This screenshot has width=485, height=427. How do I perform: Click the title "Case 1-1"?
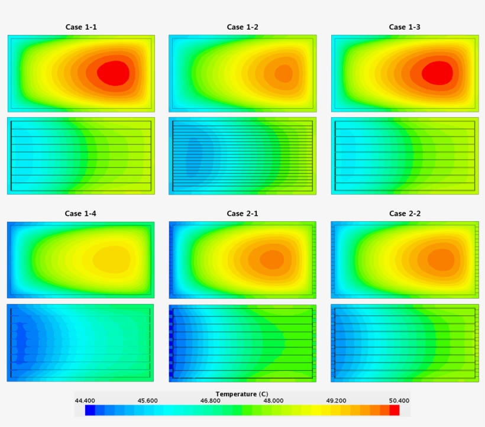[x=80, y=27]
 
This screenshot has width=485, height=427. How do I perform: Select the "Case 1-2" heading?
[x=242, y=27]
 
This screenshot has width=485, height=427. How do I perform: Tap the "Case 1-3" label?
[x=405, y=27]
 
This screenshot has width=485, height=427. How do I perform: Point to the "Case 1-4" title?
[x=80, y=213]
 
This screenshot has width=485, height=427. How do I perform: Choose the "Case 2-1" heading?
[x=242, y=213]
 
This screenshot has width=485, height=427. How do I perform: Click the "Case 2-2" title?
[x=405, y=213]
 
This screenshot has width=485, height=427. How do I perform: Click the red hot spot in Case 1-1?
[x=113, y=73]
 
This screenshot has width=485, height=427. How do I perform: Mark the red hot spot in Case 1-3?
[x=438, y=73]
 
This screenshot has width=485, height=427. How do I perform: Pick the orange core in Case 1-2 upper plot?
[x=283, y=73]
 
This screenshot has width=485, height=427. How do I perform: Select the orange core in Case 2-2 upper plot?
[x=439, y=259]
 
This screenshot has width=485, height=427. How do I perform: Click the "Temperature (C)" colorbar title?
[x=241, y=394]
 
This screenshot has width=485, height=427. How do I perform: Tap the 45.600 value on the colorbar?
[x=148, y=400]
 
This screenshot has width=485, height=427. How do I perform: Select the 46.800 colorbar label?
[x=210, y=400]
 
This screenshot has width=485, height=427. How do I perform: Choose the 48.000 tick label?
[x=273, y=400]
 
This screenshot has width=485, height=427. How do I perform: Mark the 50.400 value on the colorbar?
[x=397, y=400]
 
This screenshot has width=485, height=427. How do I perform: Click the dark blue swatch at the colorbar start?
[x=90, y=410]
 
